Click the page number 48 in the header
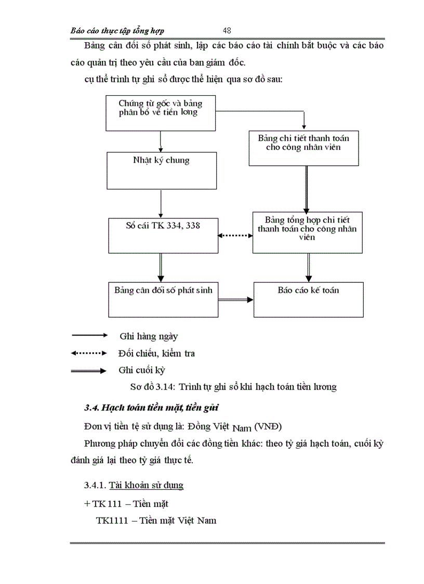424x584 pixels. [x=227, y=31]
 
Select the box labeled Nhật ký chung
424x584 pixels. [x=162, y=171]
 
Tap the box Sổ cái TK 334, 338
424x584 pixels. [x=162, y=236]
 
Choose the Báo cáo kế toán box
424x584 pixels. [x=308, y=300]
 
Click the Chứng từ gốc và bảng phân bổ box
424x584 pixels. [x=161, y=113]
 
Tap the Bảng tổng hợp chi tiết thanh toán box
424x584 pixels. [x=308, y=232]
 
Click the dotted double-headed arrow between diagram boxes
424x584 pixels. [x=234, y=236]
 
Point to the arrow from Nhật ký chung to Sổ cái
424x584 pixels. [x=162, y=203]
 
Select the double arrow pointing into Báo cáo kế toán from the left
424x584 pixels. [x=235, y=300]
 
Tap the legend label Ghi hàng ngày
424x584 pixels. [x=148, y=336]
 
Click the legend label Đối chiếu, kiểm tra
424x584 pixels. [x=156, y=354]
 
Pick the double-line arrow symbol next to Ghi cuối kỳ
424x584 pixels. [x=89, y=371]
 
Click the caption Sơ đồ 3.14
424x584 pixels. [x=233, y=386]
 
